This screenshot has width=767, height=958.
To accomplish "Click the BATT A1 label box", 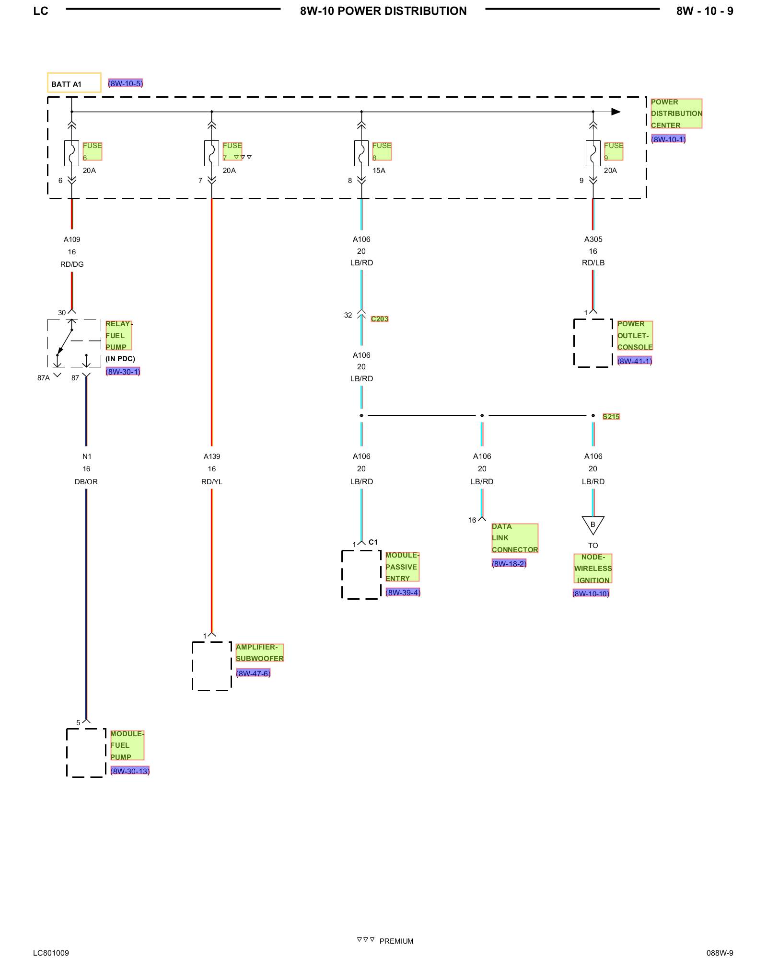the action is coord(74,82).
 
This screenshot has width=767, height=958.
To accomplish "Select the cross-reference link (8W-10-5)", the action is coord(126,83).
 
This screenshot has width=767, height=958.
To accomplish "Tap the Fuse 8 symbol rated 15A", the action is coord(361,153).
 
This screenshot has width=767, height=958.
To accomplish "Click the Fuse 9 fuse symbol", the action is coord(593,153).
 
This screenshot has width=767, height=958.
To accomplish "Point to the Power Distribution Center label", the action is coord(676,114).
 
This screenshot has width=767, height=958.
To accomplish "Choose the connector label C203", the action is coord(380,319).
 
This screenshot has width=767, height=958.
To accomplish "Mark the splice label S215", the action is coord(611,417).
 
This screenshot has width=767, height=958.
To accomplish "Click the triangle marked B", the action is coord(593,525).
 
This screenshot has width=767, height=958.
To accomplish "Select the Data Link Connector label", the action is coord(515,538).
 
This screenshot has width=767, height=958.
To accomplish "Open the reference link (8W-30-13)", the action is coord(130,771).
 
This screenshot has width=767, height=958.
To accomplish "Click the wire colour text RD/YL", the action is coord(212,482).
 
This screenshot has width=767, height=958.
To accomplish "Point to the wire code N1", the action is coord(87,456).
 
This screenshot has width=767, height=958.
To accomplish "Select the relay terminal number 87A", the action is coord(44,378).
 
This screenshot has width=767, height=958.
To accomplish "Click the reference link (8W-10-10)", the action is coord(591,593).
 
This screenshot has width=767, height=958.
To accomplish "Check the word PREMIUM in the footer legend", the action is coord(396,941).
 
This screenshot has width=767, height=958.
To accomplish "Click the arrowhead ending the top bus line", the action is coord(616,112).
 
